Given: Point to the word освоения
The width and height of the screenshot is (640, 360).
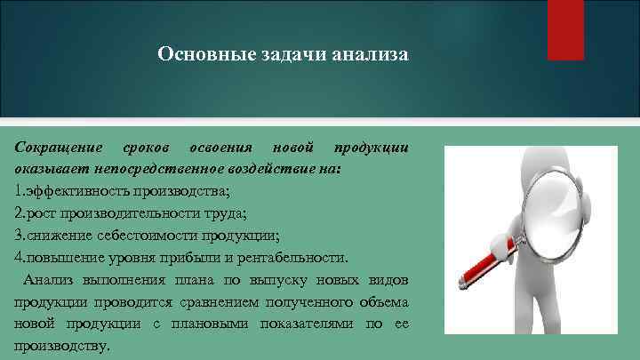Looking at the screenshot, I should click(x=220, y=147).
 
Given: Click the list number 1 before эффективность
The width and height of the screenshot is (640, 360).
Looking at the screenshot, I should click(x=18, y=190).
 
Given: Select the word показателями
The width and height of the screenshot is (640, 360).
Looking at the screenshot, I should click(x=312, y=324).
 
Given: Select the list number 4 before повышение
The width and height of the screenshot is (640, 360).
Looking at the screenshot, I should click(x=19, y=258).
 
